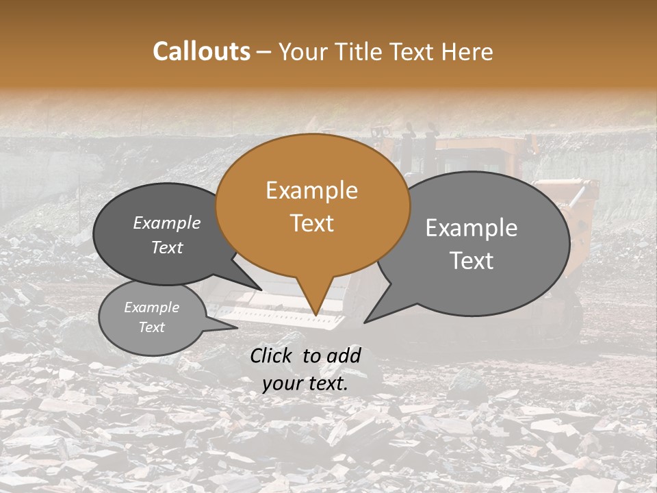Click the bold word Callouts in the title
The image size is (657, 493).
pyautogui.click(x=201, y=51)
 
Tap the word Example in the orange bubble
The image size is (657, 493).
pyautogui.click(x=311, y=190)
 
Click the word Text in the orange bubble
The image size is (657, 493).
pyautogui.click(x=311, y=223)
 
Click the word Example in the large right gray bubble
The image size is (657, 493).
pyautogui.click(x=472, y=228)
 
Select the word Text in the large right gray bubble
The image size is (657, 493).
pyautogui.click(x=472, y=260)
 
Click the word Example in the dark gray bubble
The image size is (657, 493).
pyautogui.click(x=167, y=223)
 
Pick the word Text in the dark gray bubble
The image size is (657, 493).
pyautogui.click(x=167, y=247)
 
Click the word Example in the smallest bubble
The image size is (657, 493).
pyautogui.click(x=152, y=307)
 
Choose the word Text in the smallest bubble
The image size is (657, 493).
pyautogui.click(x=152, y=327)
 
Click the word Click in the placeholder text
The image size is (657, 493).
pyautogui.click(x=272, y=355)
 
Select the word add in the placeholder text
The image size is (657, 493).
pyautogui.click(x=344, y=355)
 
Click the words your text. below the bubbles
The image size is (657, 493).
pyautogui.click(x=305, y=383)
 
